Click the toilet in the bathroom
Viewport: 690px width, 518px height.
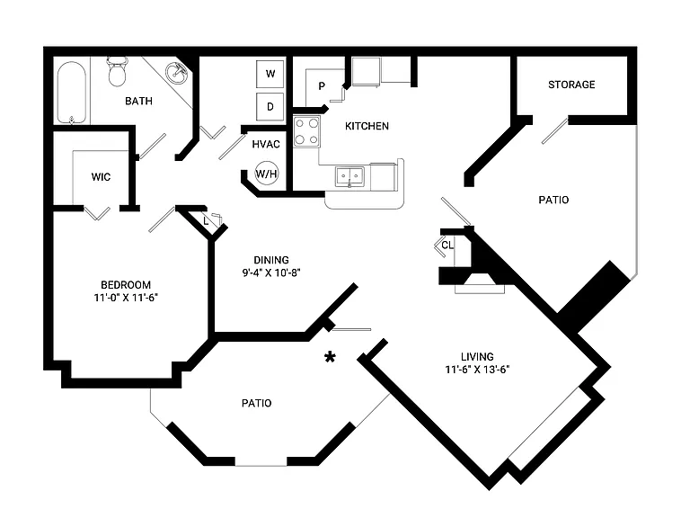[117, 71]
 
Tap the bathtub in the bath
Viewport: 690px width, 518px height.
[71, 93]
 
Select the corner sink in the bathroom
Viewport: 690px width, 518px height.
[177, 73]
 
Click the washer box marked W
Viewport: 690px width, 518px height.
[270, 74]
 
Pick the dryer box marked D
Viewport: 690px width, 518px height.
[270, 107]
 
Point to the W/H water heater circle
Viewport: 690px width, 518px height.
[266, 174]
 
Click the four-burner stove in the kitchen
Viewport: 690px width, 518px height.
[306, 131]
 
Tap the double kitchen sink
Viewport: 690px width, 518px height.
[349, 177]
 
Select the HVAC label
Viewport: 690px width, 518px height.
[266, 144]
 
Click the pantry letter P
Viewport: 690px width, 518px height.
[322, 86]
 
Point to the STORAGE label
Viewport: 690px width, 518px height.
[571, 85]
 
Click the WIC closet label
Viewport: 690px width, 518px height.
[101, 177]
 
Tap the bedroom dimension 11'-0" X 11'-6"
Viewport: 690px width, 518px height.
[126, 298]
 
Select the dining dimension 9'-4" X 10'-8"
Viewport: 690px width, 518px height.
[271, 272]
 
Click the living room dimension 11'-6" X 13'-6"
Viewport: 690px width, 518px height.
[477, 370]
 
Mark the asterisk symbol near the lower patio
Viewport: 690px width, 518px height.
[330, 357]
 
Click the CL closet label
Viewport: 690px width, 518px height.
[447, 246]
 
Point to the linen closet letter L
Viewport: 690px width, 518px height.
[206, 221]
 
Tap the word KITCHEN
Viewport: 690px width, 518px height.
[367, 127]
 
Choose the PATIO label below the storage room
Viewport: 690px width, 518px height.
[553, 200]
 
